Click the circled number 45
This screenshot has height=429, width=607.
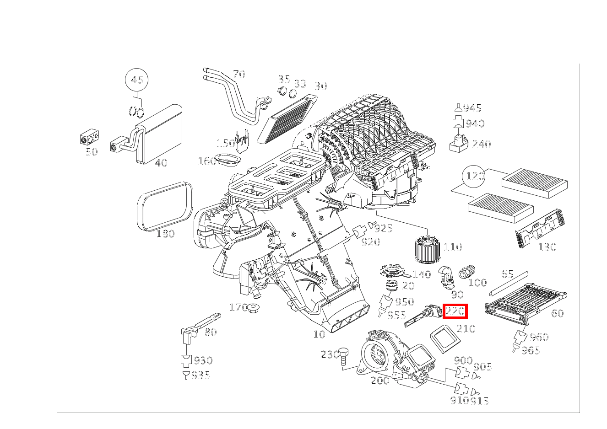coord(137,80)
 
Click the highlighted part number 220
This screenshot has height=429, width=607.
coord(455,311)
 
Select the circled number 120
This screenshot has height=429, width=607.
coord(475,176)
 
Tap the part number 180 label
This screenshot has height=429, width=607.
coord(165,234)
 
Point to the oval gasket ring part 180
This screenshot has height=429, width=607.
coord(165,207)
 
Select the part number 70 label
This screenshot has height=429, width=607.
coord(238,74)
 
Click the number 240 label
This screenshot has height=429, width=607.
coord(481,144)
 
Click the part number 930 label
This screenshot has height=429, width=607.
coord(203,361)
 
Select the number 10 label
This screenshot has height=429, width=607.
coord(319,334)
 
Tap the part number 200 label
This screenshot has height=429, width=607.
coord(379,380)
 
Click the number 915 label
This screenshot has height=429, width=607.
coord(479,401)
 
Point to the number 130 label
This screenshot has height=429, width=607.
coord(547,247)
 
